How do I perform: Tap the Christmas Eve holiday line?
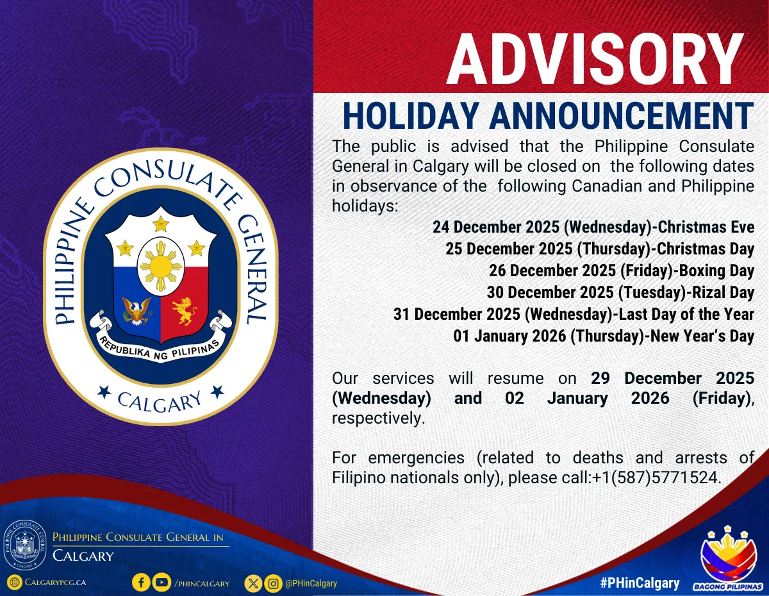[593, 227]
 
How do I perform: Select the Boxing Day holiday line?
[621, 270]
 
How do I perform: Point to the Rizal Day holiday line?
[620, 292]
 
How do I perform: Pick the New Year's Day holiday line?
[603, 336]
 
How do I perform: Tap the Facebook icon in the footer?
[141, 583]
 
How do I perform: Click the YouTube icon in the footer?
[162, 583]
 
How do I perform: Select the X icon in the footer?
[254, 583]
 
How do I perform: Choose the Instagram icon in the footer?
[274, 583]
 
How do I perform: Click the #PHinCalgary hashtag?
[640, 583]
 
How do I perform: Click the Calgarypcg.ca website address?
[54, 583]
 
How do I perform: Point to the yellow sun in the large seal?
[160, 263]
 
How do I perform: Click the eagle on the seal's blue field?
[136, 311]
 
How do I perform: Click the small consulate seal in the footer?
[25, 545]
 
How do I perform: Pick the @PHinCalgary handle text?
[311, 583]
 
